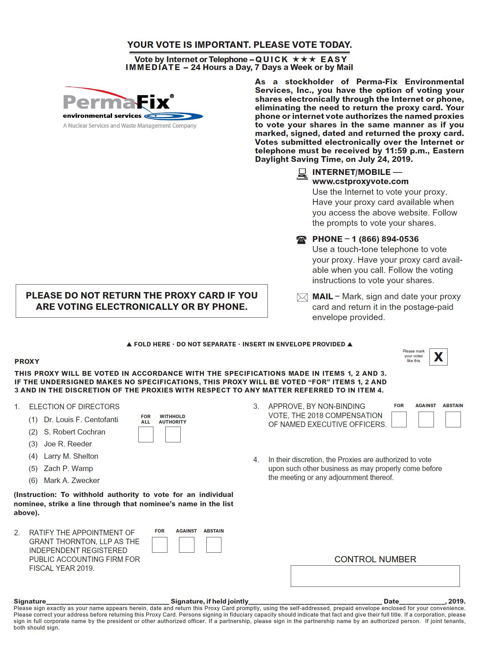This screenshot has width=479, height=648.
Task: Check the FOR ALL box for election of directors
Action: (146, 435)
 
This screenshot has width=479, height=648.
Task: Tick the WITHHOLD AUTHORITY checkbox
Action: (173, 435)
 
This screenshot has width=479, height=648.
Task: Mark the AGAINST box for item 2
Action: (187, 545)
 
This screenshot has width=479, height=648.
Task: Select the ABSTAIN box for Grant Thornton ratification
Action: (214, 545)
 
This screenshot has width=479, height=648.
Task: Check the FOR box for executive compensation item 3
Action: (399, 419)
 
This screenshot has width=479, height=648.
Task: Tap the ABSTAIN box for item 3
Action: (453, 419)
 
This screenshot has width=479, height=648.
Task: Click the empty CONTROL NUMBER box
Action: (375, 576)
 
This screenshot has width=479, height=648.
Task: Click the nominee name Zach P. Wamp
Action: (68, 468)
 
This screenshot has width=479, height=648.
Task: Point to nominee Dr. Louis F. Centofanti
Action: (81, 419)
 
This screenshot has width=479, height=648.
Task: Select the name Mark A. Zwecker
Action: (72, 480)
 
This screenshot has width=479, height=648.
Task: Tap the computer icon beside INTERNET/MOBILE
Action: (302, 174)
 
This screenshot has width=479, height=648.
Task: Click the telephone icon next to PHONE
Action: (301, 239)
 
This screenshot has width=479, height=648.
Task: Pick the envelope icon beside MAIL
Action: (302, 298)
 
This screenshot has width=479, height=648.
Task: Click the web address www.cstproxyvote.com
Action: (360, 181)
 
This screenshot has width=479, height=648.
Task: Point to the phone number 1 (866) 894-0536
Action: (385, 239)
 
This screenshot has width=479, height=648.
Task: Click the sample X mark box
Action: (438, 357)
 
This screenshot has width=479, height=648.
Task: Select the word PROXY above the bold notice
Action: (27, 361)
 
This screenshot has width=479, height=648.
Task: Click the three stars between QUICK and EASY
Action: (304, 59)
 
